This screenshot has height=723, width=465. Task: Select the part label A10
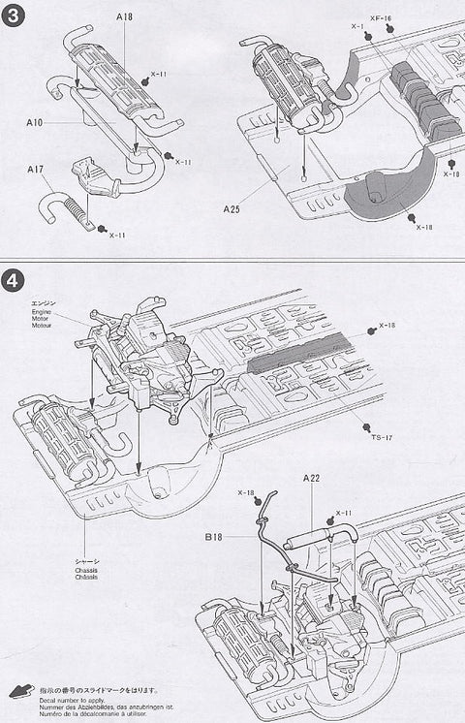coord(36,123)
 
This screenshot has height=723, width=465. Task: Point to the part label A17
coord(35,171)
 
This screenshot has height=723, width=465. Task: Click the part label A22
coord(312,478)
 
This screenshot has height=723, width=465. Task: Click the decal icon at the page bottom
coord(20,691)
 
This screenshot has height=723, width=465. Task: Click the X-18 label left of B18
coord(245,493)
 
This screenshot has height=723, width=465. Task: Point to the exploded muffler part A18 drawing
coord(114,78)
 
